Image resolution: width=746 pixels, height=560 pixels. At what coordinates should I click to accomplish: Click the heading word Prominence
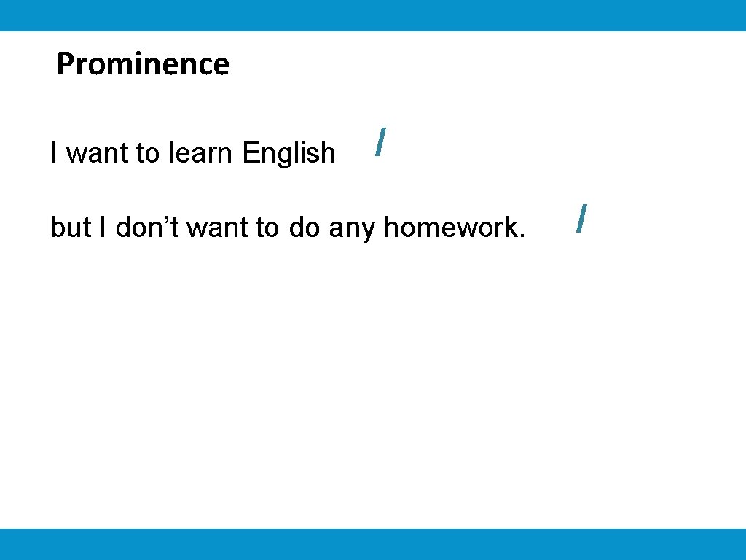[x=143, y=64]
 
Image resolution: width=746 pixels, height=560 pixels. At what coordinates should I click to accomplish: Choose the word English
[x=288, y=154]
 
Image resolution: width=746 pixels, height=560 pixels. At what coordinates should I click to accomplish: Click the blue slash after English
[x=379, y=141]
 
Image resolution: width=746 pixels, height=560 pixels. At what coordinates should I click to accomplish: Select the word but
[x=70, y=227]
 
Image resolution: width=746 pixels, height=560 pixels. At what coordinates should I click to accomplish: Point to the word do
[x=305, y=227]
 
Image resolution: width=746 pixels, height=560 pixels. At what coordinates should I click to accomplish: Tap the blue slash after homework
[x=581, y=218]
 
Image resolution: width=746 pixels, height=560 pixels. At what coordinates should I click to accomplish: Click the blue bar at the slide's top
[x=373, y=15]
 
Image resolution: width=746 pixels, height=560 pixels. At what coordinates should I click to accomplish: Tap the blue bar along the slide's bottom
[x=373, y=544]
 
